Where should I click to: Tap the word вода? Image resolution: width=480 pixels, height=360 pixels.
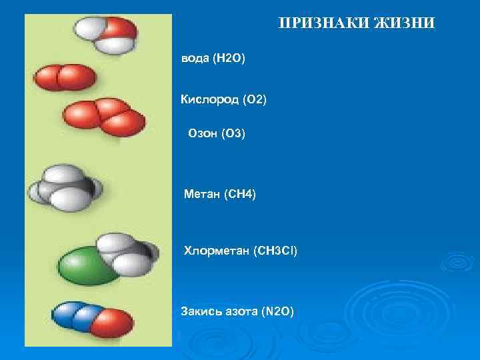(x=195, y=60)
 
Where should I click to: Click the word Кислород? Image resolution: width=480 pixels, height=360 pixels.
(x=209, y=100)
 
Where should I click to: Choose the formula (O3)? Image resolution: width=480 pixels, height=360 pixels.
(x=233, y=135)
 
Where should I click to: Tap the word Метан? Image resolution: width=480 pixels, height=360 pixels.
(x=203, y=194)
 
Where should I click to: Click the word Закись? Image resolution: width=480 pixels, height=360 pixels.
(x=201, y=311)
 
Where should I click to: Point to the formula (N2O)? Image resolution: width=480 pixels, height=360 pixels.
(x=276, y=311)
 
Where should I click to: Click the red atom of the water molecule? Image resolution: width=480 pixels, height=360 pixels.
(x=122, y=29)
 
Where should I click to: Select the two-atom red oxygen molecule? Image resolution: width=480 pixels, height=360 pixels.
(x=65, y=77)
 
